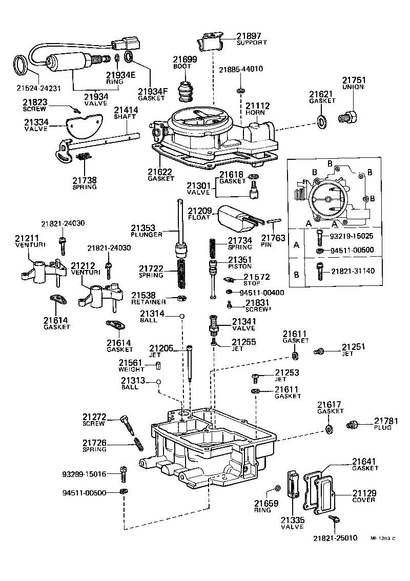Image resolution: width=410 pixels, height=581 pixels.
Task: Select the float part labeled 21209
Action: point(234,215)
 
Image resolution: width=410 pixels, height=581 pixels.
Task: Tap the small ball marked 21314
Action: point(181,317)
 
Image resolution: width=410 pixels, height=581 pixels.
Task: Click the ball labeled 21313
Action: point(159,382)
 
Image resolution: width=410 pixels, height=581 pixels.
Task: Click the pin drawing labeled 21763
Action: point(274,221)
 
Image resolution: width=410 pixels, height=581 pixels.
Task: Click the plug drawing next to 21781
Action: point(352,424)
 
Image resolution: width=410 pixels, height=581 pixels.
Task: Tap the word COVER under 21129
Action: point(364,500)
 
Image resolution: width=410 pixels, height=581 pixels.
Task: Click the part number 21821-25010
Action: point(336,538)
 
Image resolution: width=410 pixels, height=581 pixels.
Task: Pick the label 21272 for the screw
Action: point(94,417)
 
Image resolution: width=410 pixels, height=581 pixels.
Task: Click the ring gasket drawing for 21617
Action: point(328,428)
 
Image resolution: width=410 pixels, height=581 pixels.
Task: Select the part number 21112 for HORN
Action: point(257,106)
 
